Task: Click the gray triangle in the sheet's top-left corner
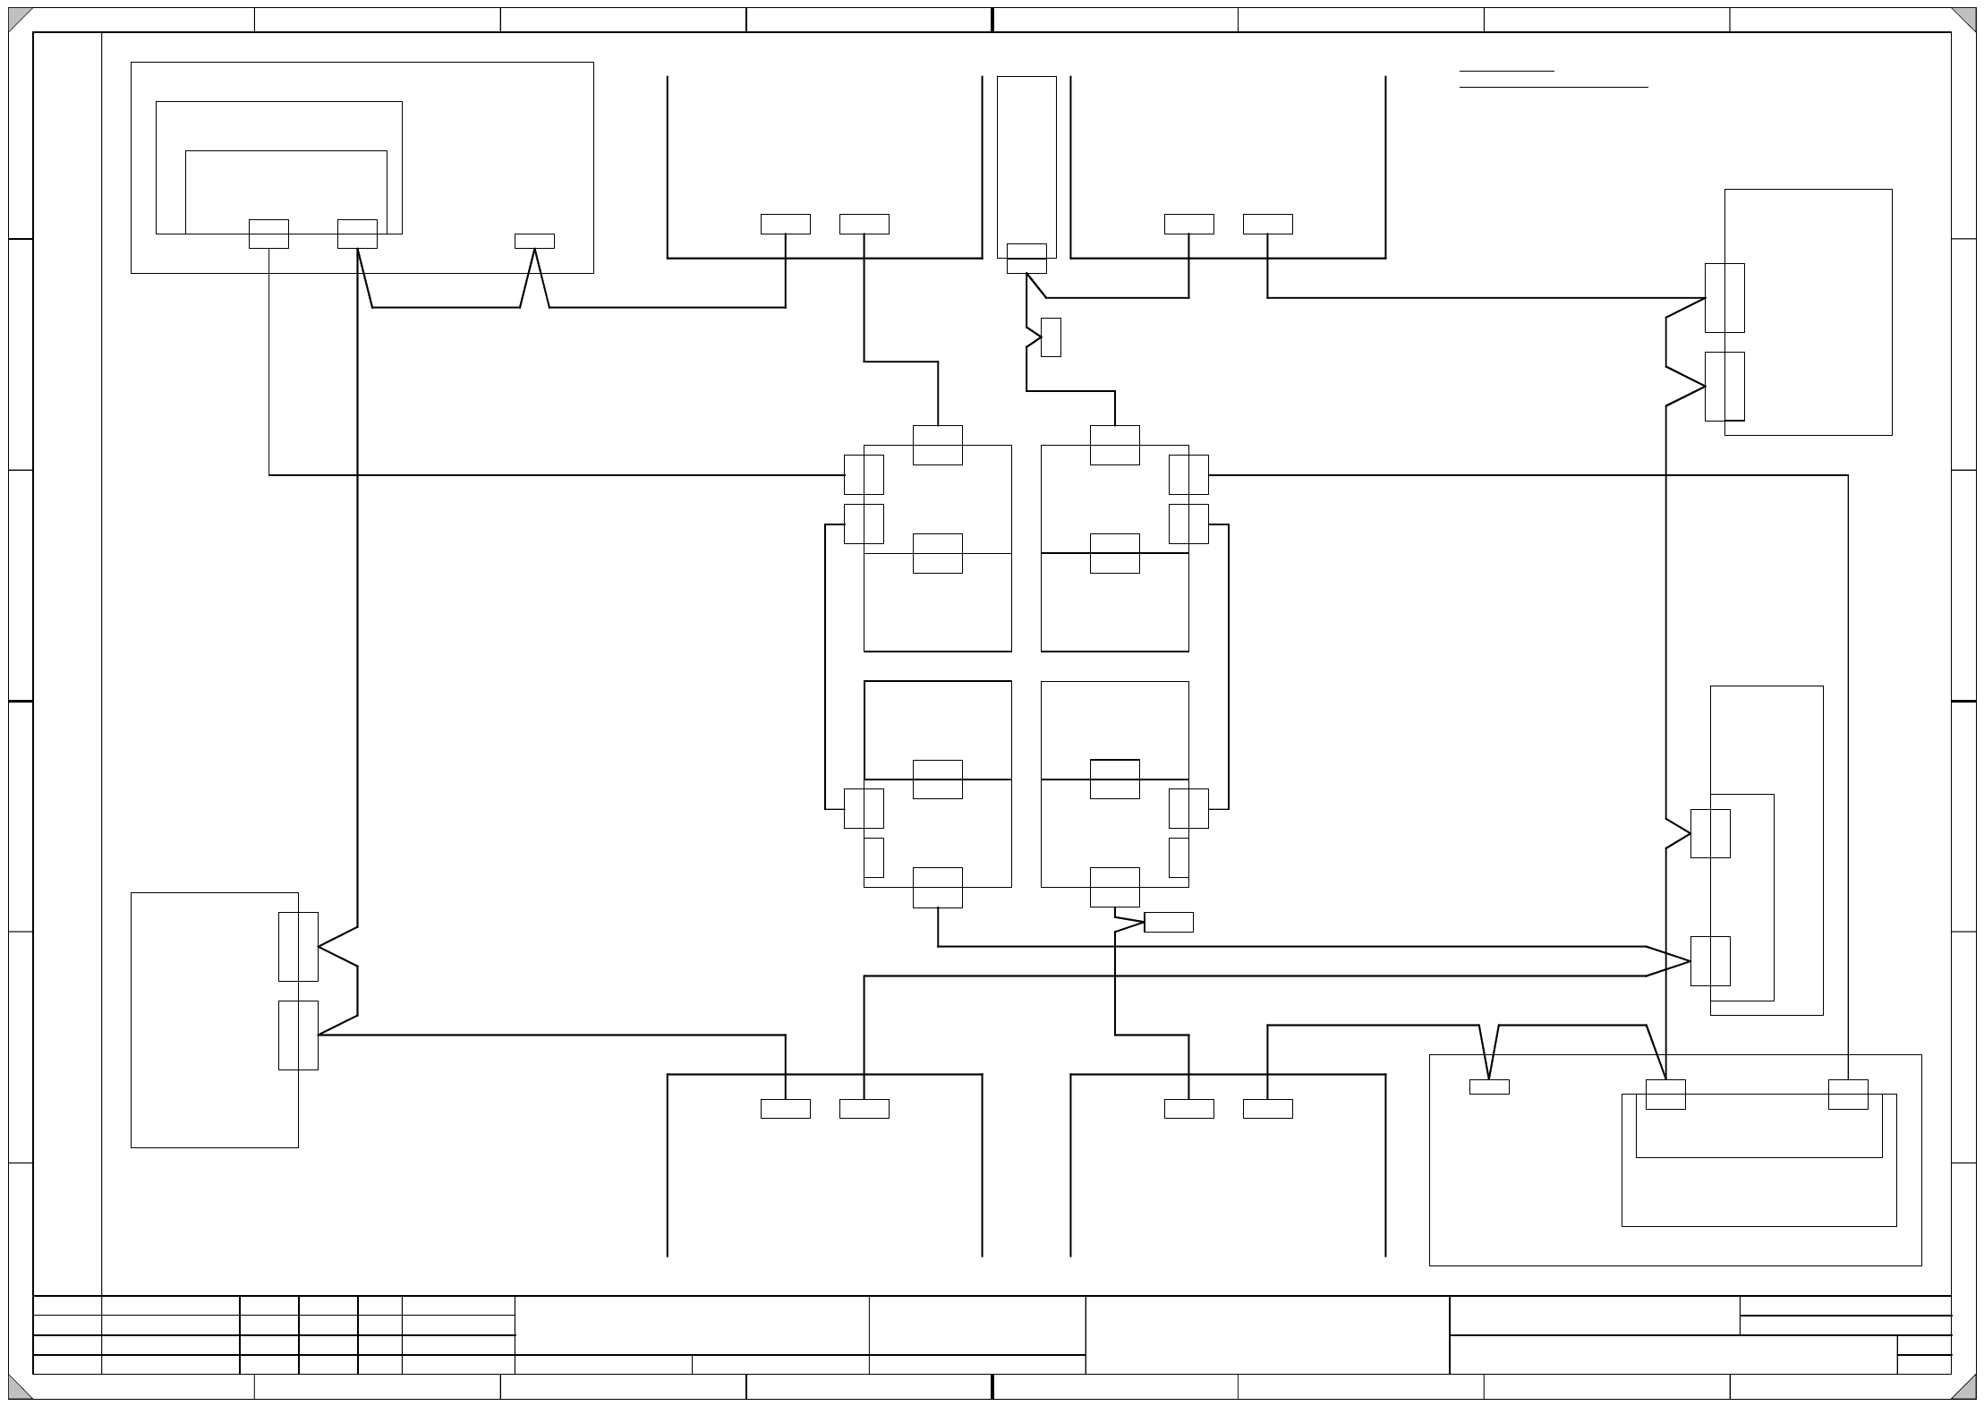click(17, 17)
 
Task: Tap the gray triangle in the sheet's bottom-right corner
click(1966, 1389)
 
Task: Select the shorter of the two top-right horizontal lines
click(1506, 71)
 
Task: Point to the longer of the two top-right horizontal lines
click(1553, 88)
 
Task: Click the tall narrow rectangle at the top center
click(1026, 161)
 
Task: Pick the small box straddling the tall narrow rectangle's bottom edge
click(1026, 258)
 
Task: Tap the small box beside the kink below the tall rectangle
click(1051, 337)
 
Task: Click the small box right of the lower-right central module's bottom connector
click(1168, 922)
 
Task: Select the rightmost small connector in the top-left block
click(534, 241)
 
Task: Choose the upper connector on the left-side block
click(298, 946)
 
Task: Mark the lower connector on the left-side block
click(298, 1035)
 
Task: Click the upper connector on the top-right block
click(1724, 297)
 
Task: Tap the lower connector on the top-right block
click(1724, 386)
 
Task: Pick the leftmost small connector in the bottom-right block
click(1489, 1086)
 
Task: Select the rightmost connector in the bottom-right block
click(1848, 1094)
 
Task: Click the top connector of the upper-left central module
click(937, 445)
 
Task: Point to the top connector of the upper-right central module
click(1114, 445)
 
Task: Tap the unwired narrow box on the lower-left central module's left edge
click(873, 857)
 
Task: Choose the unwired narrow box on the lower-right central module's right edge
click(1179, 857)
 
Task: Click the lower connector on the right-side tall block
click(1710, 960)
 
